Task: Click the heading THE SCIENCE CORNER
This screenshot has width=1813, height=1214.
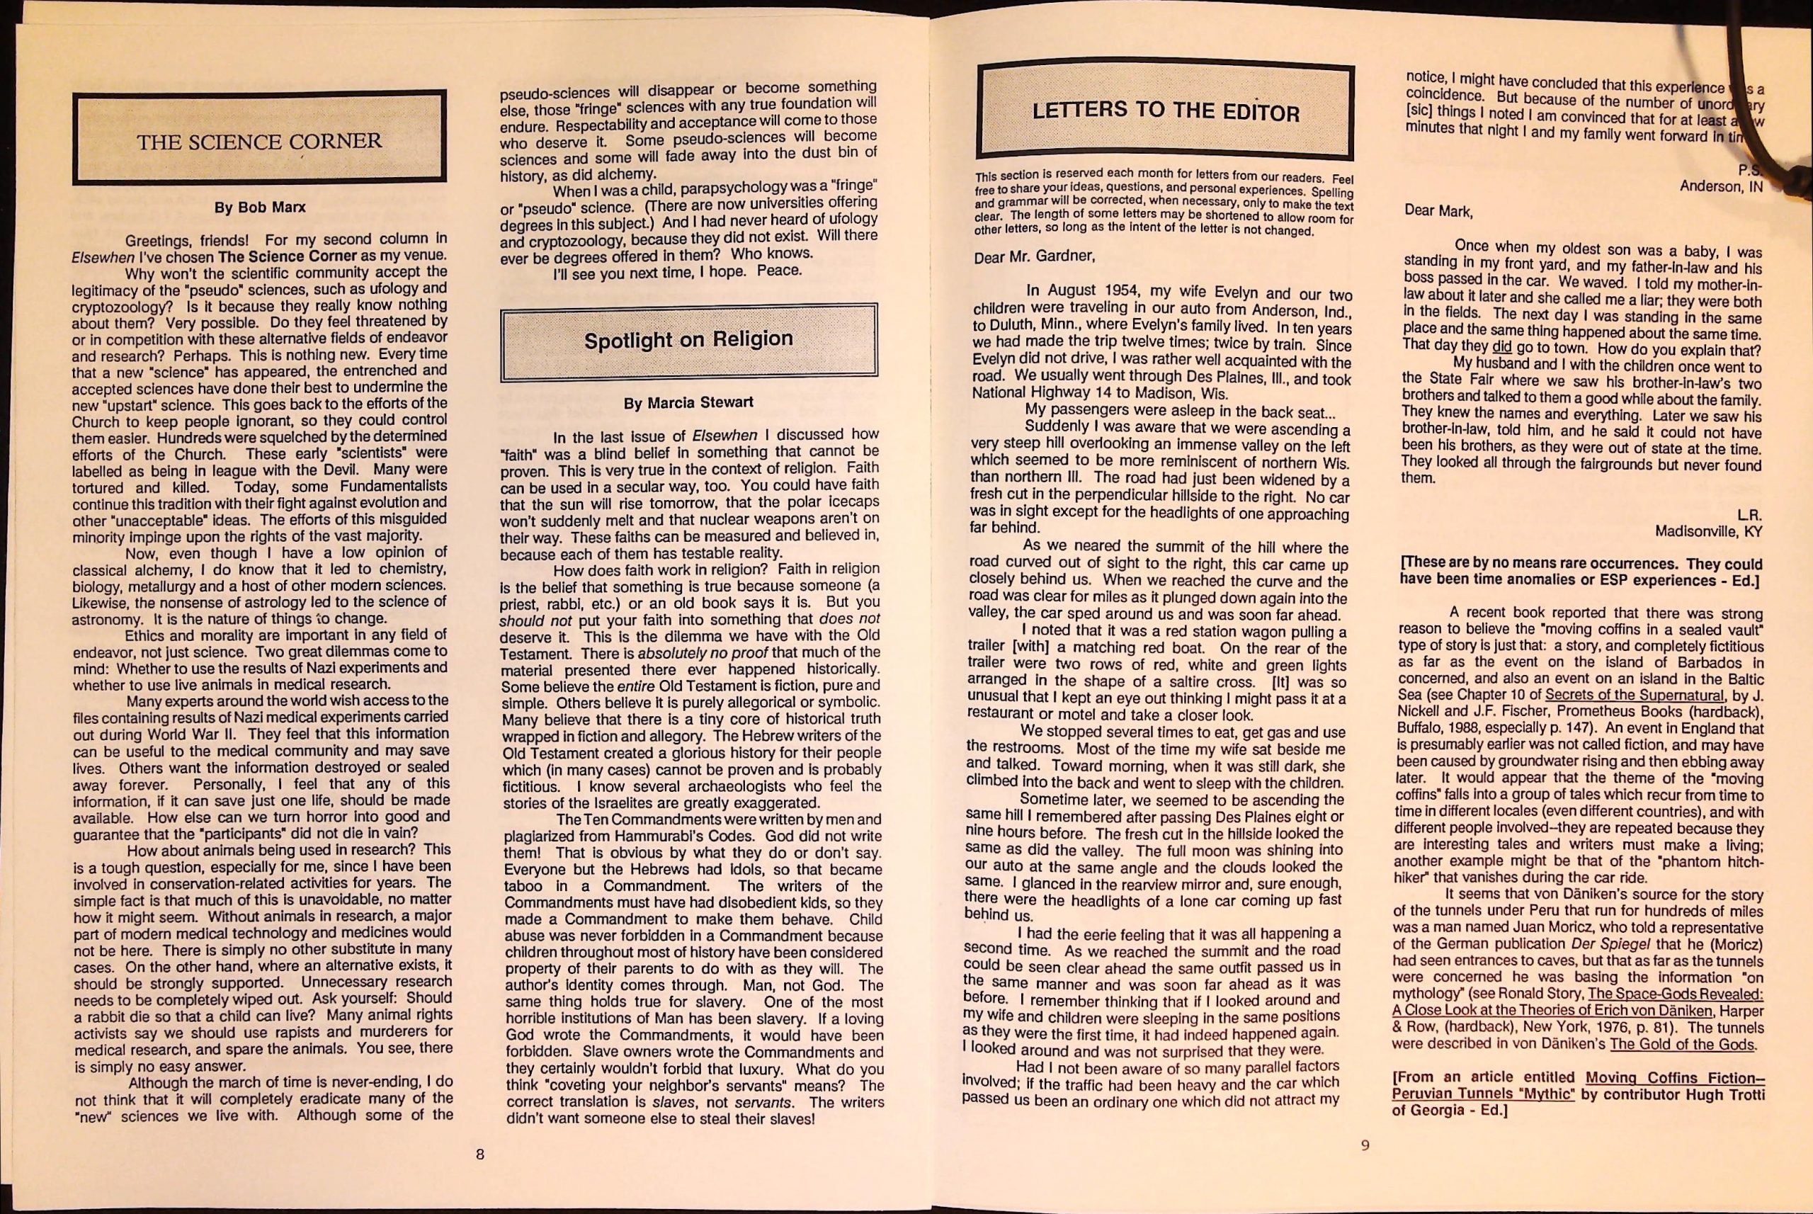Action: pos(258,142)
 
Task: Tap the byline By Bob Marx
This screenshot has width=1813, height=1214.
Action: pos(259,208)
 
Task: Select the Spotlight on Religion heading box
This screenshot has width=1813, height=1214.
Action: pos(688,341)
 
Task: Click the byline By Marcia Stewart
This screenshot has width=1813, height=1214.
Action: pos(688,402)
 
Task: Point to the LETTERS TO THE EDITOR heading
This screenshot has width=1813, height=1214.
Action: pos(1165,111)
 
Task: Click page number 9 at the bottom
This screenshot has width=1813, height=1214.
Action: pos(1365,1145)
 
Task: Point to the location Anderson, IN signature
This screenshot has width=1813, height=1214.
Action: pos(1720,186)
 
